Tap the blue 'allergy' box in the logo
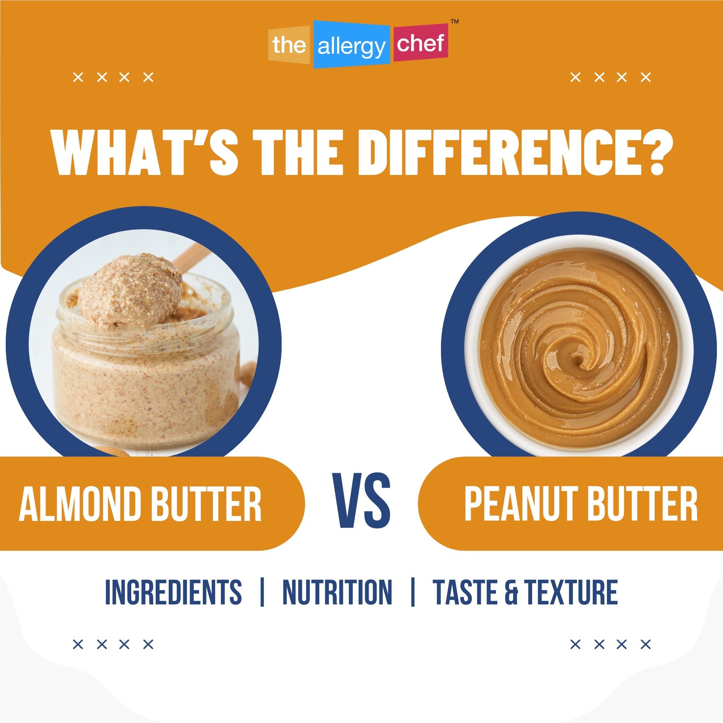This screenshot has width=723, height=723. pos(351,45)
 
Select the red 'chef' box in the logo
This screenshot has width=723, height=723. pos(420,43)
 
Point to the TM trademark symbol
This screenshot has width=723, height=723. pos(454,22)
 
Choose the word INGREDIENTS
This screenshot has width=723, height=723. pos(173,592)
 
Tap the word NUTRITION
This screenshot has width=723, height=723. pos(337,592)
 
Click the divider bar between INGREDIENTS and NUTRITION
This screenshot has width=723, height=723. pos(262,592)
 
